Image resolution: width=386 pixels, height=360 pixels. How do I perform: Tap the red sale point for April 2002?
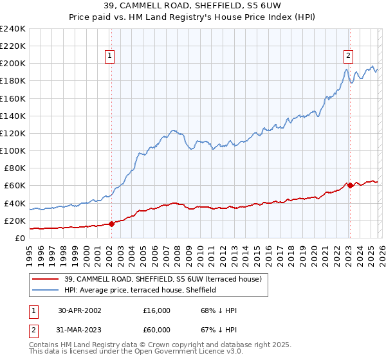(x=111, y=224)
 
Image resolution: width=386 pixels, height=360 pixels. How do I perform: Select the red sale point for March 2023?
(x=350, y=185)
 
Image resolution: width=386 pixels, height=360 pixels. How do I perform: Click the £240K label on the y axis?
(x=12, y=29)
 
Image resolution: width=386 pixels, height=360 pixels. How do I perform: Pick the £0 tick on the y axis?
(x=21, y=238)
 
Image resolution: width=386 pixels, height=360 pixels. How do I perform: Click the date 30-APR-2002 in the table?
(x=80, y=310)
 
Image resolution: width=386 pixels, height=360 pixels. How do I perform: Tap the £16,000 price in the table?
(x=157, y=310)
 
